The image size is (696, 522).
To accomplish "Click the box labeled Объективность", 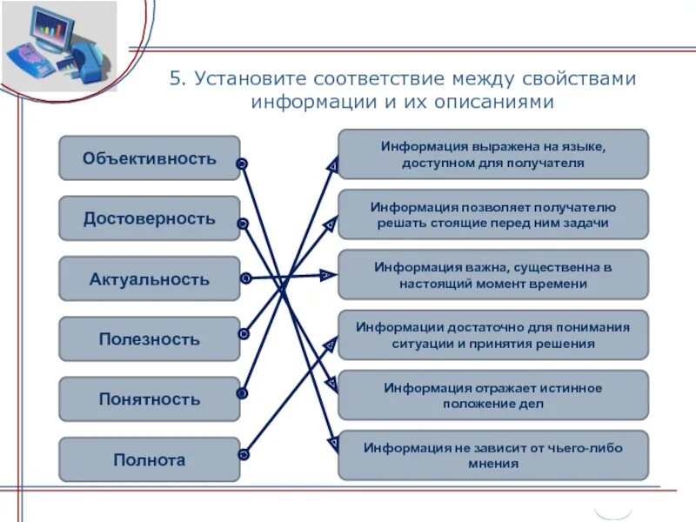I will (x=149, y=158).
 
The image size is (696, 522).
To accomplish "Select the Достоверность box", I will (x=149, y=218).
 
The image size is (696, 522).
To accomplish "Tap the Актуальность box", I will (x=149, y=279).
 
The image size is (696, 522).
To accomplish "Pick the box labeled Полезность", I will (x=149, y=339).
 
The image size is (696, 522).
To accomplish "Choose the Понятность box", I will (x=149, y=399).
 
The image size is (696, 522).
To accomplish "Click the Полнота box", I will (x=149, y=459).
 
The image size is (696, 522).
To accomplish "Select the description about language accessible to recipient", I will (x=493, y=154).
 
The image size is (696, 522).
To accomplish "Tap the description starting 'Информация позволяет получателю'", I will (x=493, y=215).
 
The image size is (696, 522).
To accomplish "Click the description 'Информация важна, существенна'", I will (x=493, y=275).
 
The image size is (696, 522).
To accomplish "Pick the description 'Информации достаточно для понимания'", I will (x=493, y=335).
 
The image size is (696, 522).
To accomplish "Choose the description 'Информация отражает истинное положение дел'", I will (x=493, y=395).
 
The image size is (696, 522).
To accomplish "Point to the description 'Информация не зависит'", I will (x=493, y=455).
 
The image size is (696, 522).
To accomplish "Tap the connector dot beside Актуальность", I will (x=245, y=278).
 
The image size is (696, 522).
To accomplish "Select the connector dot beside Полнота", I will (x=244, y=454).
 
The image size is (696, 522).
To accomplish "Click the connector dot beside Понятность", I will (x=243, y=393).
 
